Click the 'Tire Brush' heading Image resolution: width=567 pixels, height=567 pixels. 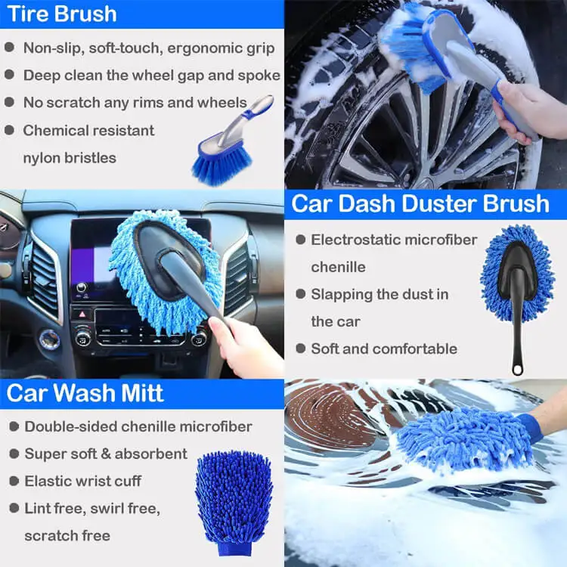(x=60, y=14)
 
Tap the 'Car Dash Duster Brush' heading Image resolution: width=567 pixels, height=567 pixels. (x=420, y=203)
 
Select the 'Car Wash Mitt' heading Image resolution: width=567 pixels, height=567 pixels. (x=85, y=394)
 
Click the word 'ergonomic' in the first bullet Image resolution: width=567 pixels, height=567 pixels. (x=198, y=48)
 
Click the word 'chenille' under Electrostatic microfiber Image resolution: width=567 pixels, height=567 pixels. (x=338, y=267)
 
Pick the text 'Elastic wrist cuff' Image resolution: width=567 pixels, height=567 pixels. (x=82, y=481)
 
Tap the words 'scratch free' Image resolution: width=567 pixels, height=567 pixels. (x=67, y=535)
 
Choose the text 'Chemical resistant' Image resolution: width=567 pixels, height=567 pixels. (x=88, y=130)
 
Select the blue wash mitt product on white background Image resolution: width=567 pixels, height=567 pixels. (x=234, y=499)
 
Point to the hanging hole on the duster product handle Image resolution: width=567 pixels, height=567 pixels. (x=517, y=369)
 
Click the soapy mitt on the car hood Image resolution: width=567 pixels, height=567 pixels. (x=465, y=438)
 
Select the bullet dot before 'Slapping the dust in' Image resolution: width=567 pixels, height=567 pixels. (x=299, y=294)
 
